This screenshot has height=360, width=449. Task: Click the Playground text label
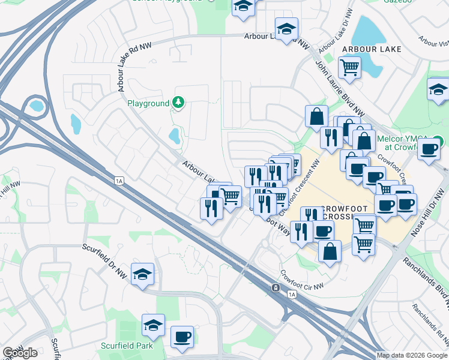click(148, 103)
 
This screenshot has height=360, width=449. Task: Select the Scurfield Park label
click(127, 346)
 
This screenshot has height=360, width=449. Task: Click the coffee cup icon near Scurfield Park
click(182, 337)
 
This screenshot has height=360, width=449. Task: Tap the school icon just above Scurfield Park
click(154, 325)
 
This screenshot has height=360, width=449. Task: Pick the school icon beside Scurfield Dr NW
click(142, 274)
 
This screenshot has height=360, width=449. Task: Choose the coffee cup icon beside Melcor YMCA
click(429, 149)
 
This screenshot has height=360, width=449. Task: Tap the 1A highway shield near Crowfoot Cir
click(292, 295)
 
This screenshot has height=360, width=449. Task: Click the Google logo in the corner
click(20, 353)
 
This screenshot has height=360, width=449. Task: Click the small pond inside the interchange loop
click(36, 107)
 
